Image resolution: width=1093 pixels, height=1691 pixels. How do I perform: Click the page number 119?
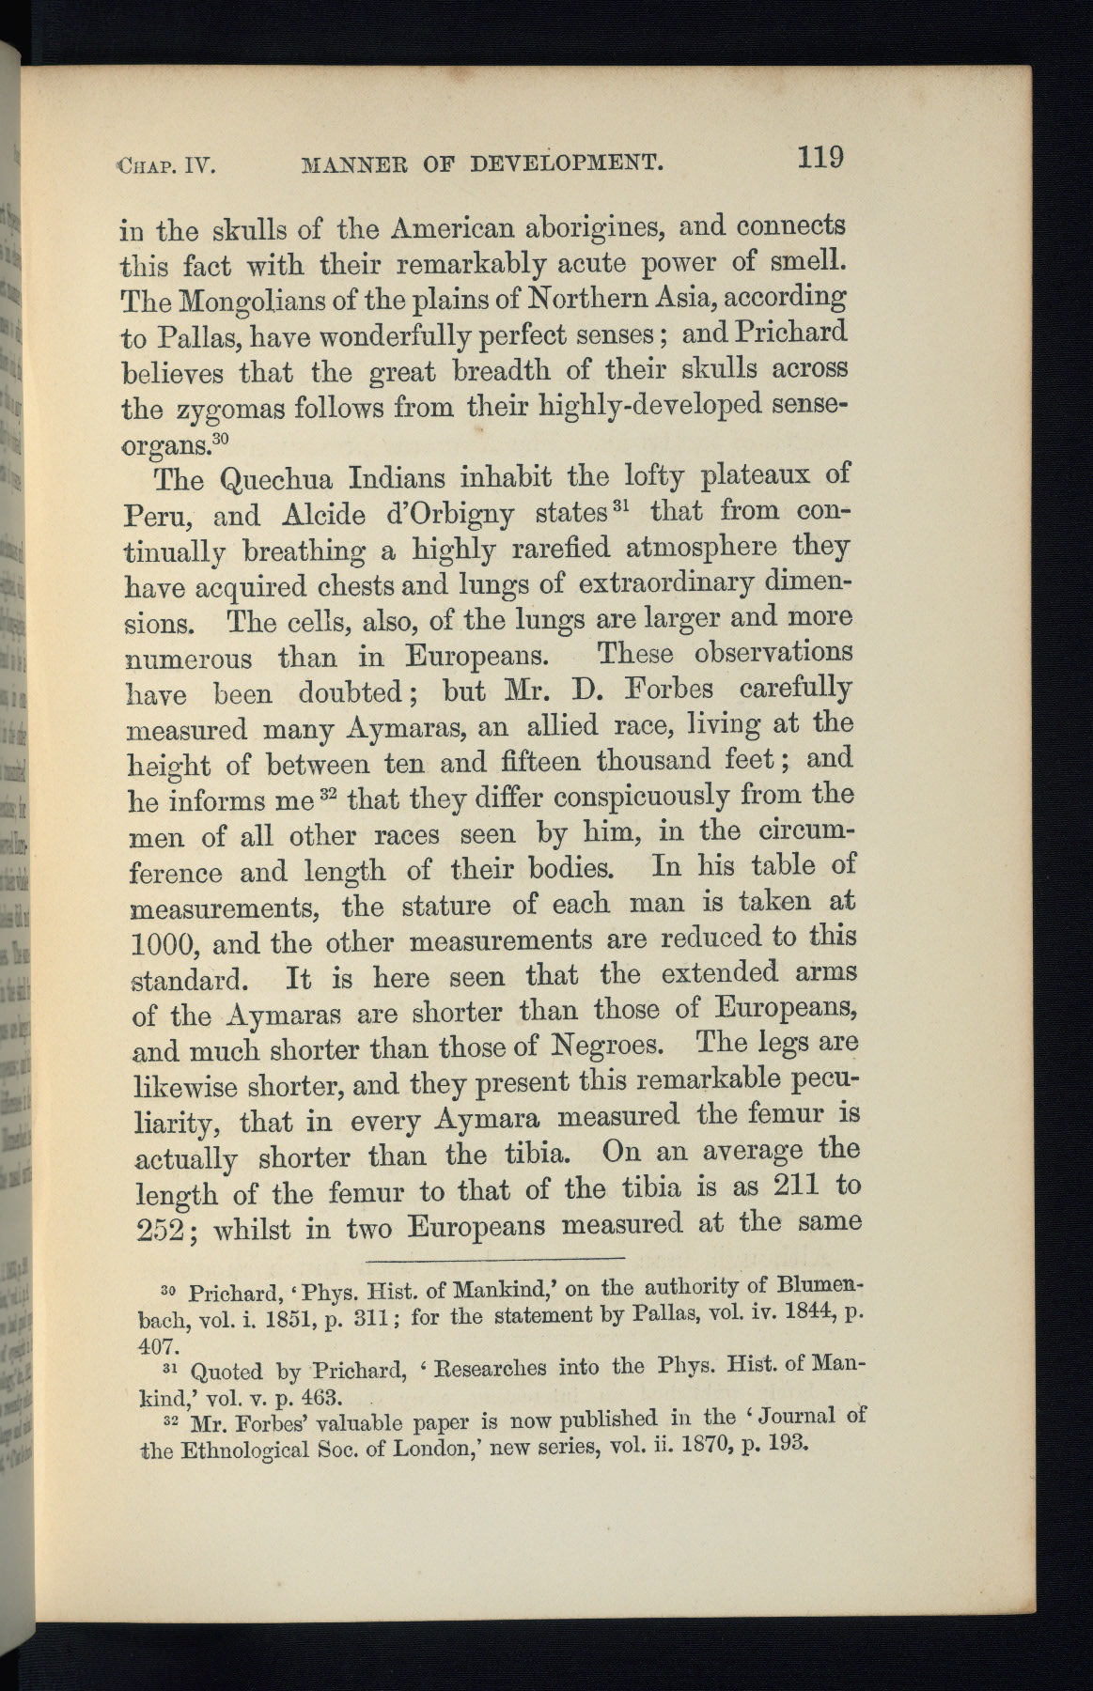(820, 156)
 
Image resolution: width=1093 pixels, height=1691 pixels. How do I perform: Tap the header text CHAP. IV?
(166, 166)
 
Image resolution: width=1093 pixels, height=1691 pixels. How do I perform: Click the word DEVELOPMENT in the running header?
(567, 163)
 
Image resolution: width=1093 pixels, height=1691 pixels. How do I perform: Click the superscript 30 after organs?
(221, 438)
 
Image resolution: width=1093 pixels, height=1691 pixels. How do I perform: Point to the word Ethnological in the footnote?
(245, 1450)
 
